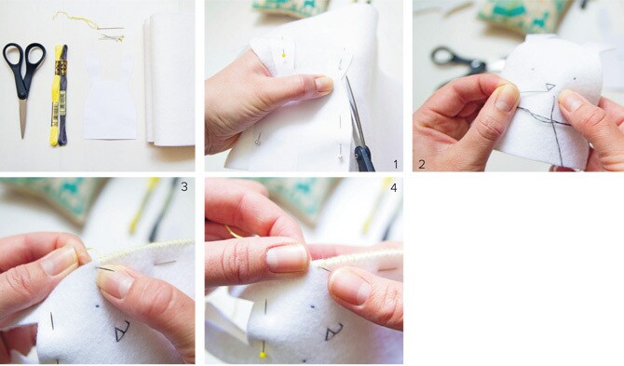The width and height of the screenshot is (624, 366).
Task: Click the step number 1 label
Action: coord(395,164)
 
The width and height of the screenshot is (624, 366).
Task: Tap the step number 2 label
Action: coord(422,164)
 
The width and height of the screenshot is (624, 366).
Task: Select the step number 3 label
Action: coord(183,186)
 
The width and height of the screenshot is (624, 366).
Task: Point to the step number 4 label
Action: coord(394,187)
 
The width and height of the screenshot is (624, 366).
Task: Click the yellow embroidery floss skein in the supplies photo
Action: coord(55,96)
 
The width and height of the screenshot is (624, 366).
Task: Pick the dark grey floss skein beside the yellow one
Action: coord(63,95)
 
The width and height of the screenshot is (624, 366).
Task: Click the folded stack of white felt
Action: coord(170,78)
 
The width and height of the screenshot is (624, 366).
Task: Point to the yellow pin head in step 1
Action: coord(284,55)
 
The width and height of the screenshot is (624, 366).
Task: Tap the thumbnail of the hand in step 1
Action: coord(323,85)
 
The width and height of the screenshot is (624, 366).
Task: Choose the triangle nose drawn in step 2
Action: coord(549,87)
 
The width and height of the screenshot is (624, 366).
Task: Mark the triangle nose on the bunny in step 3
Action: coord(123,331)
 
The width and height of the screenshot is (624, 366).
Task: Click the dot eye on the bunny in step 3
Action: coord(97,306)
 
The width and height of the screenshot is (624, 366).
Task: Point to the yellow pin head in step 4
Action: coord(263,354)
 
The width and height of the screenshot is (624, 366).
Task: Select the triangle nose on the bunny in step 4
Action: coord(334,332)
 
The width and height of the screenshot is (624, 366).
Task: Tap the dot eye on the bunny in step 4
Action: coord(313,307)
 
